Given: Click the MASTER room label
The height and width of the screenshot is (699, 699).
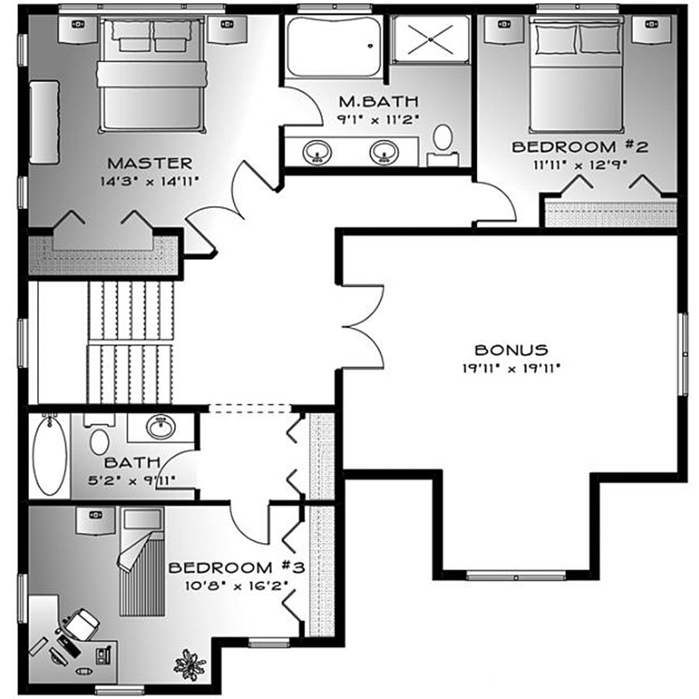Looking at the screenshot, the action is (150, 163).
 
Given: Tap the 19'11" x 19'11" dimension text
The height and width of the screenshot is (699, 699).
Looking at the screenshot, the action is (511, 368).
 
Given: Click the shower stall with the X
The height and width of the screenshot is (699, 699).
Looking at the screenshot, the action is (430, 40).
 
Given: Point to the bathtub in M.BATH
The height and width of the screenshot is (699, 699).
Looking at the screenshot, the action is (334, 47).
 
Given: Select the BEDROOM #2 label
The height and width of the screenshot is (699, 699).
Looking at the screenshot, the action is (579, 147).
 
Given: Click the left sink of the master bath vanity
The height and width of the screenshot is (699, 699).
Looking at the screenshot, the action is (317, 151).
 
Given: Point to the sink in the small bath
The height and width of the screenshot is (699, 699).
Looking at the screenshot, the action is (161, 427).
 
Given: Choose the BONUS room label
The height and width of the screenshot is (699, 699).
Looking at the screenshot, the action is (511, 350).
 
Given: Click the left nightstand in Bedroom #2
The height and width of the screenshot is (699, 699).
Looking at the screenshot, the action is (504, 29).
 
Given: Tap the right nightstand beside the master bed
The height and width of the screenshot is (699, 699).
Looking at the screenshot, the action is (227, 30).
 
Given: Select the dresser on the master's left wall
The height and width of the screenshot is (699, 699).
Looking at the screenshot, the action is (44, 122).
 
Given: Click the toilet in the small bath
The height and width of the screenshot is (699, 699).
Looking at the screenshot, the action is (99, 436).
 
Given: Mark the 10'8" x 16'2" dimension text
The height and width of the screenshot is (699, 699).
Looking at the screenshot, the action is (236, 586).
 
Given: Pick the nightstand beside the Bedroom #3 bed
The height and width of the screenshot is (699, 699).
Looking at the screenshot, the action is (96, 520).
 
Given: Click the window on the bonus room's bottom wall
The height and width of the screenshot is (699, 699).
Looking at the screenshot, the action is (516, 576).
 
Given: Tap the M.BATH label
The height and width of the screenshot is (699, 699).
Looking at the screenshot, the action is (378, 102).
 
